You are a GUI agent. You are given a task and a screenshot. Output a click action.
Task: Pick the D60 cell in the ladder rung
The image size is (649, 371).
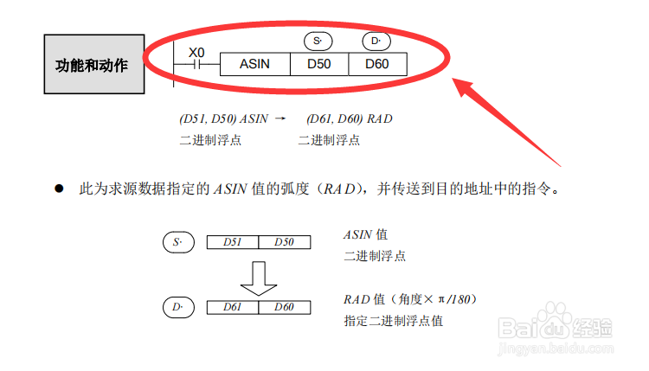pos(376,64)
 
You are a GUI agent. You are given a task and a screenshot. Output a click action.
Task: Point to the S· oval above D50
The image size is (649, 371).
pos(318,41)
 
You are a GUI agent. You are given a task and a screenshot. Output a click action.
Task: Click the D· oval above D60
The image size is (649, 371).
pos(376,41)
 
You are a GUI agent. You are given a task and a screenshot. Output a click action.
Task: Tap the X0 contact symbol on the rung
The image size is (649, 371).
pos(197,64)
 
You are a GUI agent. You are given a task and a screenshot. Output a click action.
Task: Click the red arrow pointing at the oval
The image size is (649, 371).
pos(511,121)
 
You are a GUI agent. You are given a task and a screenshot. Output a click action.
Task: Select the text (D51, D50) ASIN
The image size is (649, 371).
pos(223,118)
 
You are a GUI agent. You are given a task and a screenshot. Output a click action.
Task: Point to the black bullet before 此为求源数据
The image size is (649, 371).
pos(60,187)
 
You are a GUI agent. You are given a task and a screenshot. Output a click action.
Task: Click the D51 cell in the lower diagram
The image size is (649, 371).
pos(232,242)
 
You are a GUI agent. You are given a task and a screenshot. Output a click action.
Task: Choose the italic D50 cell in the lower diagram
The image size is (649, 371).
pos(284,242)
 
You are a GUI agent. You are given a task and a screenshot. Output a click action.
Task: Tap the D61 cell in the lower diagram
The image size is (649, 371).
pos(232,306)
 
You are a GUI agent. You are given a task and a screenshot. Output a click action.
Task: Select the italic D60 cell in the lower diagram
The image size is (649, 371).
pos(284,306)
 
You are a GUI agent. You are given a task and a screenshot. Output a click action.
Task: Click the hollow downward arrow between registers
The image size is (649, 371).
pos(258,276)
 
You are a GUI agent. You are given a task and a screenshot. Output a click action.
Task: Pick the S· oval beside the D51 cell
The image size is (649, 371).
pos(178,242)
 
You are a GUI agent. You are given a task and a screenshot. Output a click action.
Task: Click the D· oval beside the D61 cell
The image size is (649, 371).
pos(178,306)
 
